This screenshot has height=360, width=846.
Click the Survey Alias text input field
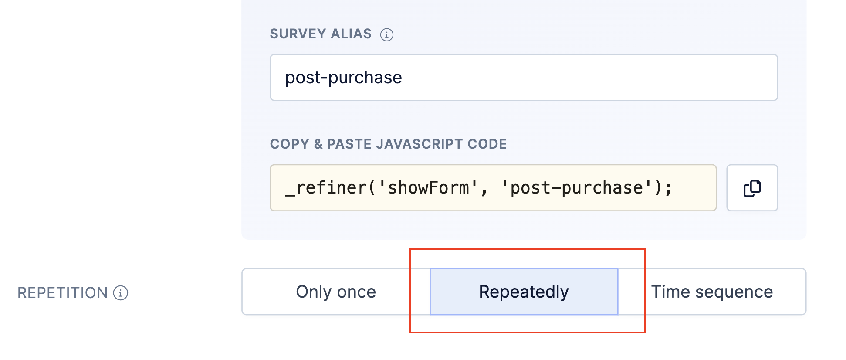pyautogui.click(x=524, y=78)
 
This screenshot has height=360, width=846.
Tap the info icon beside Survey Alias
pyautogui.click(x=386, y=34)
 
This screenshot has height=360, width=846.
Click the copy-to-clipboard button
pyautogui.click(x=752, y=188)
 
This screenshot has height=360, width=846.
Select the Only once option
pyautogui.click(x=336, y=292)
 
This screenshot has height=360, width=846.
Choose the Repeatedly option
pyautogui.click(x=524, y=292)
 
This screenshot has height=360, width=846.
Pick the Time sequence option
pyautogui.click(x=712, y=292)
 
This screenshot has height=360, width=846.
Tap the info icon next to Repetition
pyautogui.click(x=121, y=293)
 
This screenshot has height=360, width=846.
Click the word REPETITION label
pyautogui.click(x=62, y=293)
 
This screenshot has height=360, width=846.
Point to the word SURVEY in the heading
pyautogui.click(x=298, y=34)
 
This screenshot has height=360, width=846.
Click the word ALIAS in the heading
pyautogui.click(x=351, y=34)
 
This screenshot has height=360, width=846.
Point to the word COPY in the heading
pyautogui.click(x=289, y=144)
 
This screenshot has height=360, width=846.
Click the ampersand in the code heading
pyautogui.click(x=318, y=144)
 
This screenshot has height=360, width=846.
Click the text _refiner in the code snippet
pyautogui.click(x=326, y=188)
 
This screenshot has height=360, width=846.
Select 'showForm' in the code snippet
pyautogui.click(x=429, y=188)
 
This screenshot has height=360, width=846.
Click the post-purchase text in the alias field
pyautogui.click(x=343, y=78)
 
